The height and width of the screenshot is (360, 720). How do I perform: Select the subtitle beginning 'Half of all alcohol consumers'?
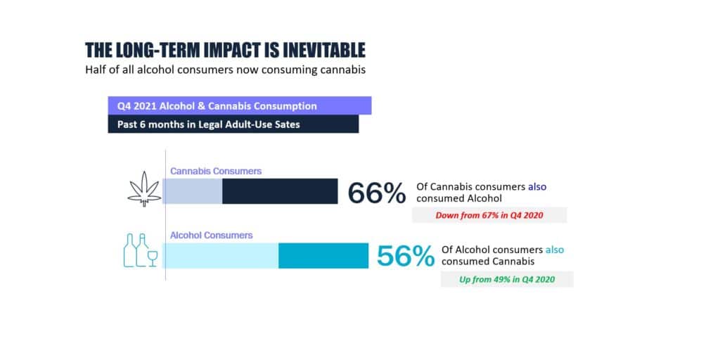point(226,70)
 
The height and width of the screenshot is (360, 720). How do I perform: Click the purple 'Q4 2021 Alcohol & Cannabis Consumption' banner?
point(239,105)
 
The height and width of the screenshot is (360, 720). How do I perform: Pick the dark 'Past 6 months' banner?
point(233,124)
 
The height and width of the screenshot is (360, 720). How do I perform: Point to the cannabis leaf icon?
point(144,188)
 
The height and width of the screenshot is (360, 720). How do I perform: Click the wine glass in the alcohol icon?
point(153,257)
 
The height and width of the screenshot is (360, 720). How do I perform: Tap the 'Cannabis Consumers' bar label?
point(216,172)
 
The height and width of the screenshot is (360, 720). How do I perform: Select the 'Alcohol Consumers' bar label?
point(211,236)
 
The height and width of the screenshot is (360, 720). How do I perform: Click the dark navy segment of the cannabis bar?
point(280,191)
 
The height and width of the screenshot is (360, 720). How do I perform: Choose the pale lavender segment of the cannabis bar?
point(193,191)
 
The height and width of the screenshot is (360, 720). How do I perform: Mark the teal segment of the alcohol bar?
point(323,256)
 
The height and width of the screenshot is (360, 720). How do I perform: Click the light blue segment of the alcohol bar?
point(221,256)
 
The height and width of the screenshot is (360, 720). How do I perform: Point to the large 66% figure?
point(377,193)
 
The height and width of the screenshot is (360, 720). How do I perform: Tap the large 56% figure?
point(406,257)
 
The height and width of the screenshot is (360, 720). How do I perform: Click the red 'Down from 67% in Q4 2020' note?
point(489,215)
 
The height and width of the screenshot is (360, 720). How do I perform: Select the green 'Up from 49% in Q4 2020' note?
point(507,279)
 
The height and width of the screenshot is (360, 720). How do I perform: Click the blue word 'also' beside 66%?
point(537,187)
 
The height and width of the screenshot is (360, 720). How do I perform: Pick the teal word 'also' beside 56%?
point(554,250)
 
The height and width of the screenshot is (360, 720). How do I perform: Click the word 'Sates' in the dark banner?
point(287,124)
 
